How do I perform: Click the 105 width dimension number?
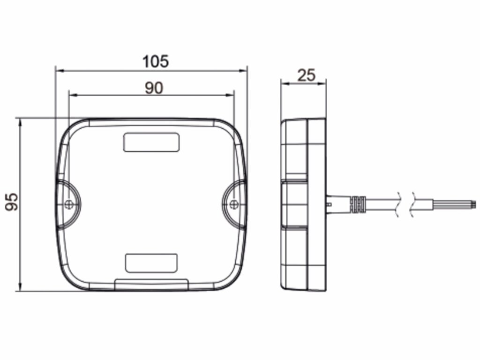click(156, 61)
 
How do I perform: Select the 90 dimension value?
click(154, 88)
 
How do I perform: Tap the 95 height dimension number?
click(12, 202)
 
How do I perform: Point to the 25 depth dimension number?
click(306, 75)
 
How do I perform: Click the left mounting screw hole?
click(69, 204)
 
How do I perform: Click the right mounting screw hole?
click(233, 204)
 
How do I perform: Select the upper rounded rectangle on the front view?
click(151, 142)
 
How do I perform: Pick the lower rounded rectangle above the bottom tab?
click(151, 263)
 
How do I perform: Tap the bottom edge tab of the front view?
click(151, 285)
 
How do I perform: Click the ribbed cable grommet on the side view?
click(359, 204)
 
